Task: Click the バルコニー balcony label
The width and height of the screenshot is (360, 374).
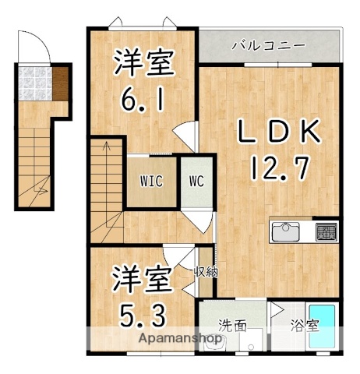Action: pos(269,45)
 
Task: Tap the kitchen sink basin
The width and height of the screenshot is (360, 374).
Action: pos(287,231)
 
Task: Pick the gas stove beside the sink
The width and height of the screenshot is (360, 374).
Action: pos(326,231)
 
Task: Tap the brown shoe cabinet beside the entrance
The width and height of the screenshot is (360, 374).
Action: pos(59,81)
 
